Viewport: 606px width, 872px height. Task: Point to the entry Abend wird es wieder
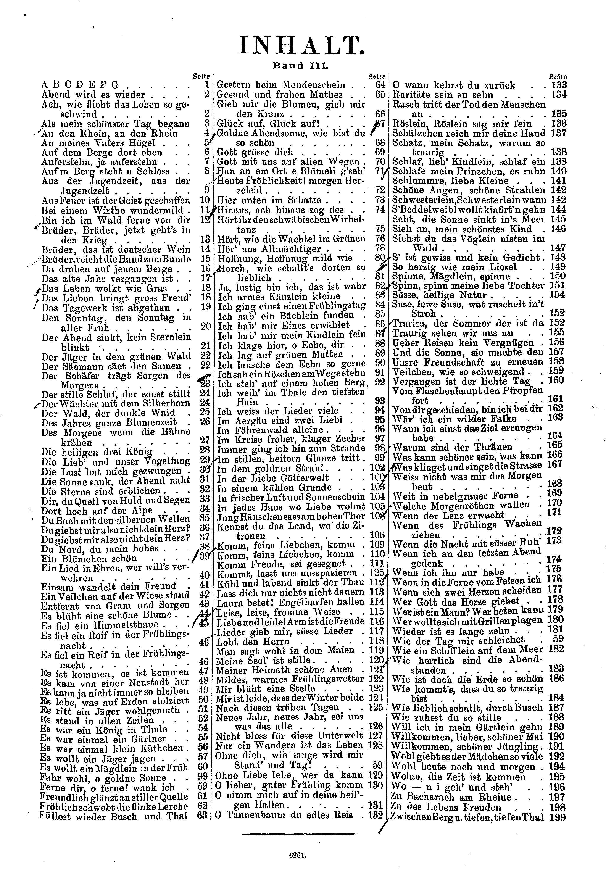[x=93, y=95]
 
